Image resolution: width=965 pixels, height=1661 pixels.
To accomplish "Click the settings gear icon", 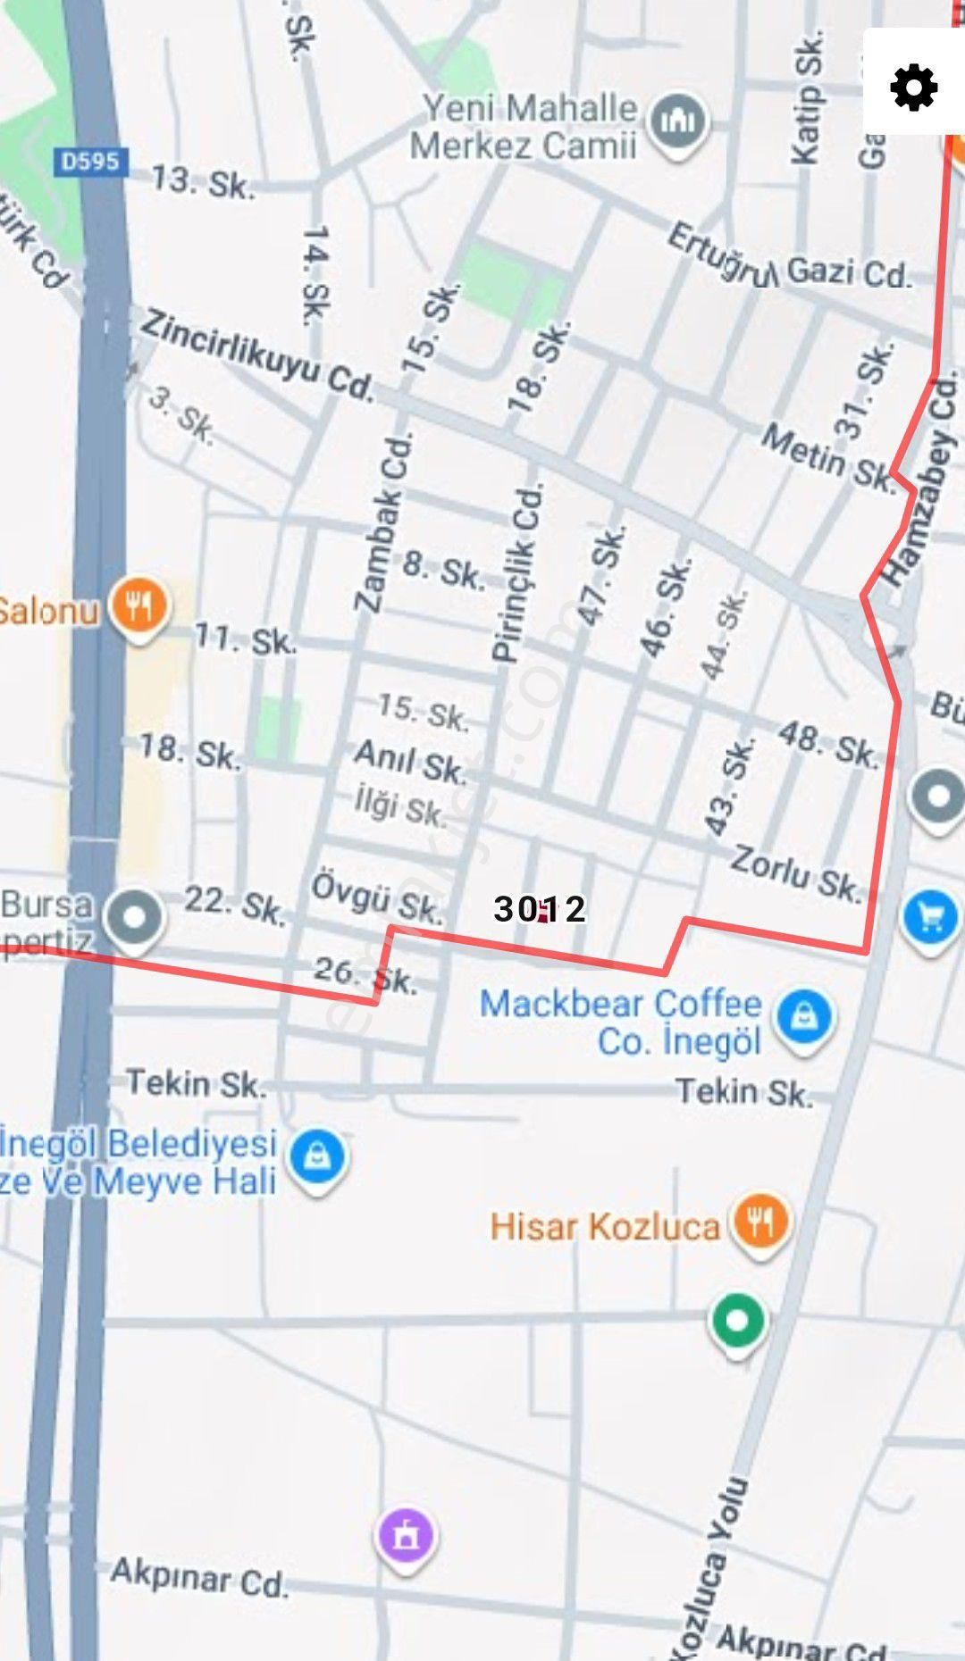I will [913, 88].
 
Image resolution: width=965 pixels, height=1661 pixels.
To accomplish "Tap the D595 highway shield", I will [90, 162].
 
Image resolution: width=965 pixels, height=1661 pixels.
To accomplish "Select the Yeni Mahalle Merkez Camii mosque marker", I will [676, 123].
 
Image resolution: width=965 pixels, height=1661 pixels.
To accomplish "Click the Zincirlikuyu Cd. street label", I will [256, 354].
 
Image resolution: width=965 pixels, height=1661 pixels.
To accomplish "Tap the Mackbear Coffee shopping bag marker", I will [803, 1017].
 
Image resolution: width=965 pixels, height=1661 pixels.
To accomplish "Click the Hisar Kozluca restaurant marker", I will [760, 1221].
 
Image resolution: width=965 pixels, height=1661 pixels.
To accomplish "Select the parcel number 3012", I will [540, 909].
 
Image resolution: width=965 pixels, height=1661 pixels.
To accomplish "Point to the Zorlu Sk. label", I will [794, 872].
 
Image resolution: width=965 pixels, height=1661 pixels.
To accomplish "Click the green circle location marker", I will [736, 1320].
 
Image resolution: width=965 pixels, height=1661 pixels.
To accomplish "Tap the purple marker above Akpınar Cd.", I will [406, 1536].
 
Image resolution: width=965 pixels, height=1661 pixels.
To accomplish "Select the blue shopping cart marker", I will [932, 919].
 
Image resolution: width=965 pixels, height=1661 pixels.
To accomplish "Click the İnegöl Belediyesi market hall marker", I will [317, 1157].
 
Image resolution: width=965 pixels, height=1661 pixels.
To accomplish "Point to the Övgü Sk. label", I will [376, 897].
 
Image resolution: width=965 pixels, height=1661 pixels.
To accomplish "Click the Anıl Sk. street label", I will [410, 760].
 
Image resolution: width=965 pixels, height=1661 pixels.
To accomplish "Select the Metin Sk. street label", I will [827, 457].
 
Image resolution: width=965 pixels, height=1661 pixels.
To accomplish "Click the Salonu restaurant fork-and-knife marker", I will [138, 607].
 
